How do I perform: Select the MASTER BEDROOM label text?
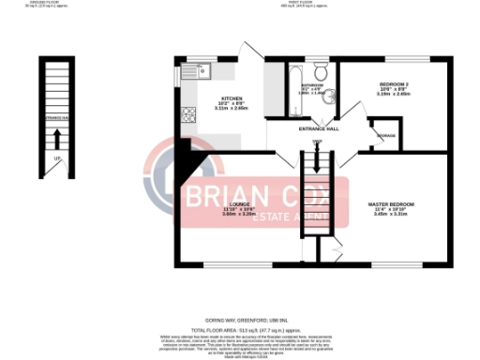click(x=392, y=203)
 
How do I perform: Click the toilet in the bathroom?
click(x=319, y=72)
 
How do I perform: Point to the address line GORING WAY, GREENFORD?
click(x=239, y=320)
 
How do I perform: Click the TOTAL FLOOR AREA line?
click(x=239, y=331)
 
